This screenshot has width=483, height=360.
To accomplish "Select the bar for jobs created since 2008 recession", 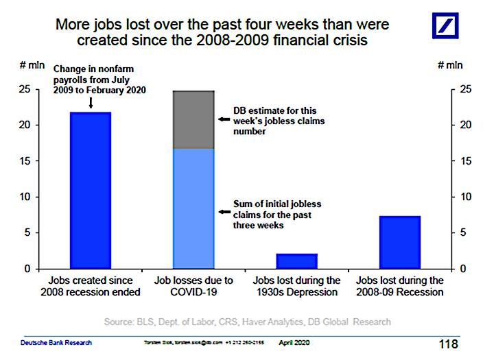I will point(90,190).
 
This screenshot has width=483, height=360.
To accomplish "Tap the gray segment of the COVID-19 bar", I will point(193,119).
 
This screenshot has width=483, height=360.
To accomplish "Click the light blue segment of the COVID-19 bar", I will point(193,208).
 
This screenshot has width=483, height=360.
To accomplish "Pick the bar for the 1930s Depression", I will point(296,261).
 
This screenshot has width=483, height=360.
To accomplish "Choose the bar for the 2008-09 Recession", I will point(400,242).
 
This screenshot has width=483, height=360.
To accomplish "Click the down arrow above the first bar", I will point(90,103).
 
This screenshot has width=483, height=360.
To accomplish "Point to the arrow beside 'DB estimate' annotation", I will point(223,119).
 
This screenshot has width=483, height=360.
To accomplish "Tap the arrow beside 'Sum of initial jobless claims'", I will point(223,213).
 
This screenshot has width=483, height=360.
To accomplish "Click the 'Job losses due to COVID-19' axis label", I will point(193,287).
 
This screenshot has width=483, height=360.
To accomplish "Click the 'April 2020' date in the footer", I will point(294,342).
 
